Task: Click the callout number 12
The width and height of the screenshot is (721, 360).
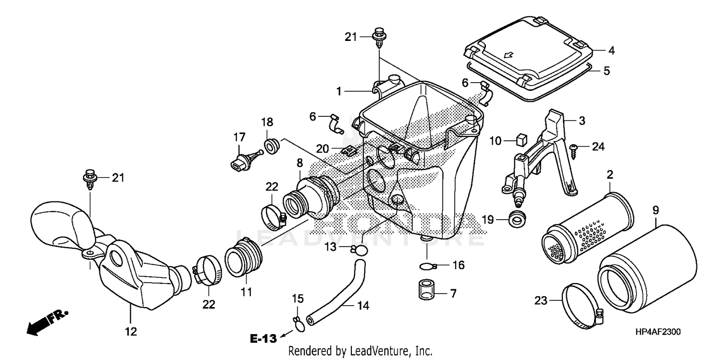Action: (131, 332)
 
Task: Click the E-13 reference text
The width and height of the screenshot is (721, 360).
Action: (263, 338)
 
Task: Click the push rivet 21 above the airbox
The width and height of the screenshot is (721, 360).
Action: (379, 38)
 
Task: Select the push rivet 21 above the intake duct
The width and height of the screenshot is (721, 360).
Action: (90, 179)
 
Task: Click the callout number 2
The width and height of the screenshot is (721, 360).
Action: (609, 174)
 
